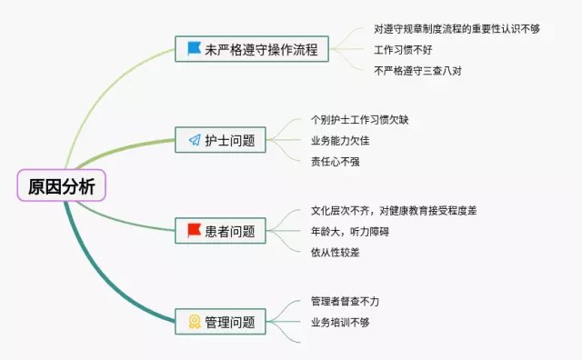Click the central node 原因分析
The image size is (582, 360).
pyautogui.click(x=61, y=186)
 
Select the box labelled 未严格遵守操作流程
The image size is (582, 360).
pyautogui.click(x=251, y=49)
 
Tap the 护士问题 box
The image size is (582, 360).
pyautogui.click(x=222, y=140)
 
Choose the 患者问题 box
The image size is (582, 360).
pyautogui.click(x=222, y=230)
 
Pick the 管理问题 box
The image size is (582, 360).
pyautogui.click(x=222, y=321)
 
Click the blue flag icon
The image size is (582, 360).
pyautogui.click(x=193, y=49)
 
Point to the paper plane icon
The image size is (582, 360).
pyautogui.click(x=194, y=140)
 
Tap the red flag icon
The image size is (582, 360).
pyautogui.click(x=194, y=230)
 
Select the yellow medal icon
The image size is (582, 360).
pyautogui.click(x=194, y=321)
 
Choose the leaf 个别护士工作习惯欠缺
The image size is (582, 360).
pyautogui.click(x=359, y=119)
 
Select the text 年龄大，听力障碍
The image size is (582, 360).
pyautogui.click(x=350, y=231)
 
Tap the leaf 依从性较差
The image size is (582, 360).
pyautogui.click(x=335, y=252)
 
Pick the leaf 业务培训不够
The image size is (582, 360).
pyautogui.click(x=340, y=322)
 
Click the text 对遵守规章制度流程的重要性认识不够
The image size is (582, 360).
pyautogui.click(x=457, y=28)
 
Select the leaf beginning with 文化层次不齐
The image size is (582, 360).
pyautogui.click(x=393, y=210)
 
